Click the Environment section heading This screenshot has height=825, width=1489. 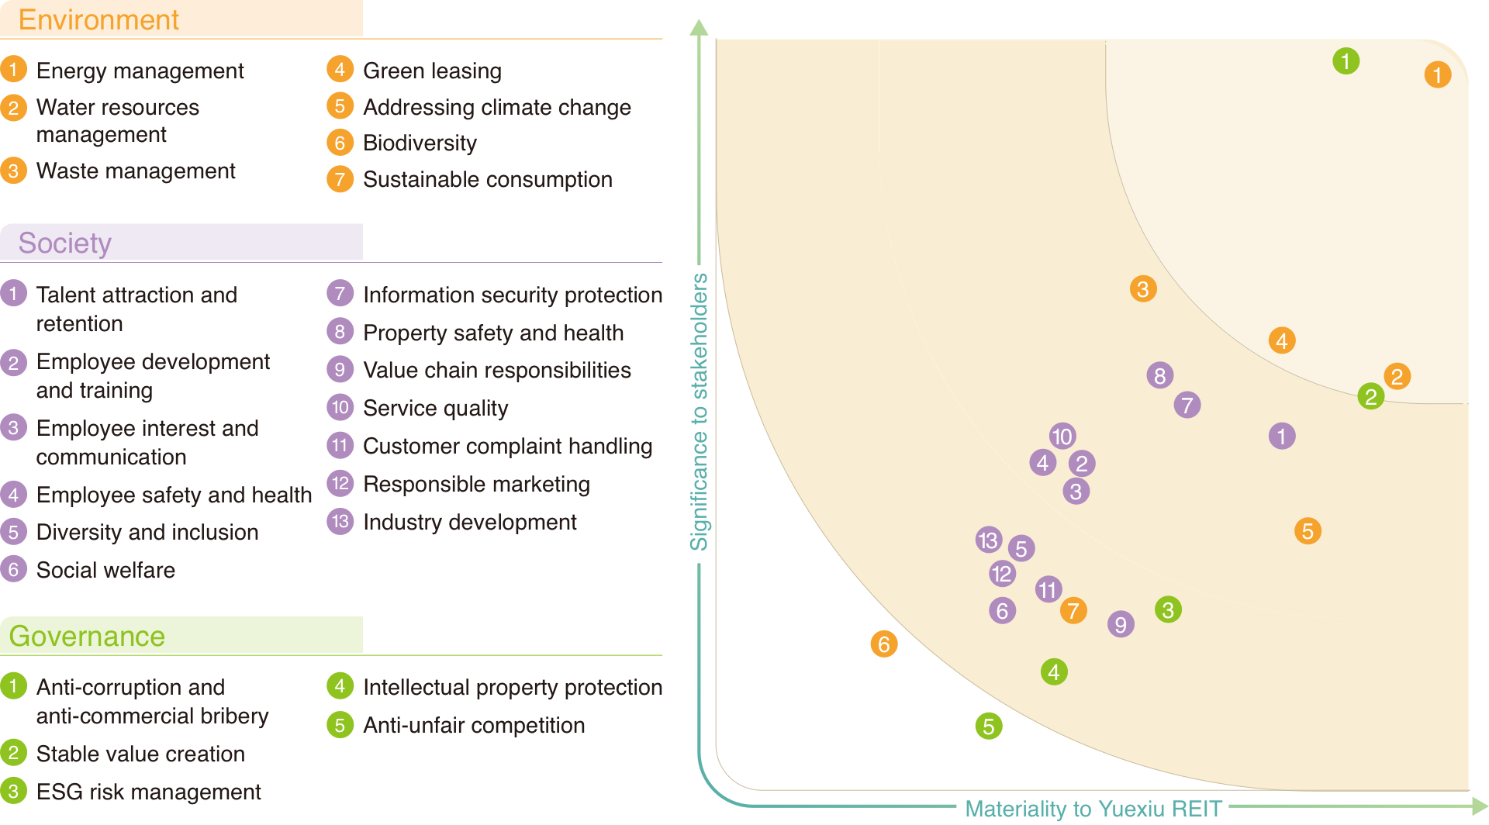[x=98, y=19]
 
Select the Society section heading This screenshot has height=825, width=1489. [x=65, y=243]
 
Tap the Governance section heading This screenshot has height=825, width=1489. [x=87, y=637]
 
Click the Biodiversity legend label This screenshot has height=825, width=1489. [x=420, y=143]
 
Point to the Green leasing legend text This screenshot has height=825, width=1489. [x=432, y=71]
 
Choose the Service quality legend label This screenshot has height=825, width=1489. [x=435, y=409]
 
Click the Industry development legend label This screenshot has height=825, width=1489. [x=469, y=523]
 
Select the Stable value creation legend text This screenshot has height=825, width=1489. [x=140, y=754]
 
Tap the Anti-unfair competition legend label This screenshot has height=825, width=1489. [x=474, y=726]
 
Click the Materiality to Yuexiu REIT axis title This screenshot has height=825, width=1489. [x=1093, y=809]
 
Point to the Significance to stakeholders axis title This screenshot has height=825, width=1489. [x=700, y=412]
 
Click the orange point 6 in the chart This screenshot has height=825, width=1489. [x=884, y=644]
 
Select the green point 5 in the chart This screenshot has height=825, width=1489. [x=989, y=726]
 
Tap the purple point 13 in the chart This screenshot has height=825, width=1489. [x=989, y=540]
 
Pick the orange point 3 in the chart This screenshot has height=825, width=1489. [x=1143, y=289]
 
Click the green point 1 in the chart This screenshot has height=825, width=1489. [x=1346, y=60]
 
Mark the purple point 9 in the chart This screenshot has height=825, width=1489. [x=1121, y=624]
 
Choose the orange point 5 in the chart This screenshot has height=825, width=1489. [x=1308, y=531]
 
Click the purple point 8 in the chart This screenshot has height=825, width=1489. [x=1160, y=375]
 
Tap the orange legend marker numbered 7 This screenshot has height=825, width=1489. [x=340, y=179]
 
